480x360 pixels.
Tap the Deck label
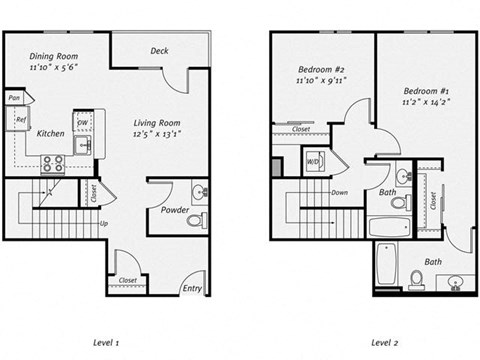pos(159,51)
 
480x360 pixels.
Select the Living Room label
pos(157,123)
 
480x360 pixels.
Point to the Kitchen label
pos(51,133)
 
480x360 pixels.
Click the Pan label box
pos(15,98)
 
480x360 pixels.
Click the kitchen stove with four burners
pos(54,161)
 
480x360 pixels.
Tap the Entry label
pos(191,288)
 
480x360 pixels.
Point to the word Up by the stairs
pos(105,223)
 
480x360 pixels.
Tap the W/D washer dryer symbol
pos(312,161)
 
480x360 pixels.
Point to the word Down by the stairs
pos(339,193)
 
